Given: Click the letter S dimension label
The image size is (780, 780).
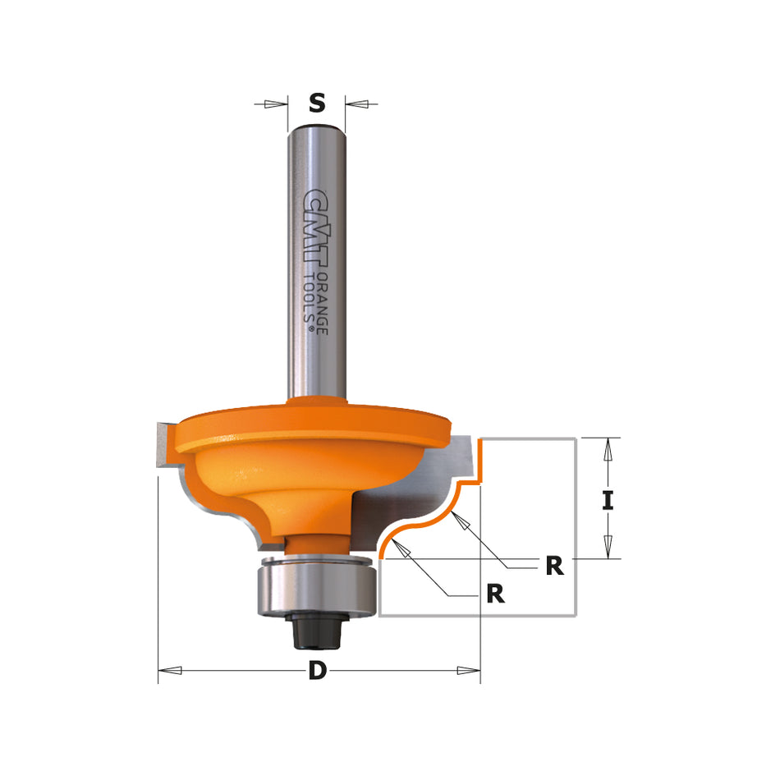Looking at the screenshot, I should coord(317,103).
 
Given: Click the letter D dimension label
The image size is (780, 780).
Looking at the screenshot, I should coord(317,671).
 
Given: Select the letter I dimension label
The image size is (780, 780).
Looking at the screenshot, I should coord(607,500).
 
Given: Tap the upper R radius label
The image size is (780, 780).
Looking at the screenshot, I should coord(555,566).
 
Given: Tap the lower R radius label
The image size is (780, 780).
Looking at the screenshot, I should coord(495,594).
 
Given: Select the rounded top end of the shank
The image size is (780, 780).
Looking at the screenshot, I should coord(317,127).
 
